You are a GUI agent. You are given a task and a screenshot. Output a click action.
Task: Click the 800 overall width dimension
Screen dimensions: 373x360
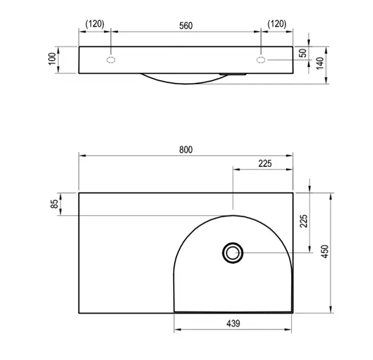click(x=186, y=150)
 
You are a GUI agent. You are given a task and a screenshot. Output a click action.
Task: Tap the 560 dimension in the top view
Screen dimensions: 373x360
click(x=186, y=26)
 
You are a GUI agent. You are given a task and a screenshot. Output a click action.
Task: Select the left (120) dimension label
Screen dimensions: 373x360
click(x=95, y=24)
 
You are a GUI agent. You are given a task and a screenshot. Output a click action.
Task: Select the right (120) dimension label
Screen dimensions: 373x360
click(x=277, y=24)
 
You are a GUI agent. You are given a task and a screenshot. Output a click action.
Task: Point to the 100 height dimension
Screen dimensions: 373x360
click(x=52, y=58)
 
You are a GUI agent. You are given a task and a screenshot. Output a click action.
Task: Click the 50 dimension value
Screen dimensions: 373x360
click(x=303, y=53)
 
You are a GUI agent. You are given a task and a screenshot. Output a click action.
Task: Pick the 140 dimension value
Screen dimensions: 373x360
click(x=320, y=63)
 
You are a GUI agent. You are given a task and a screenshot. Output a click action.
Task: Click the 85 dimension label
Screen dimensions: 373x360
click(x=54, y=204)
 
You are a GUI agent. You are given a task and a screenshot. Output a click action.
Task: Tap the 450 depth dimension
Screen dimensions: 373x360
click(x=324, y=251)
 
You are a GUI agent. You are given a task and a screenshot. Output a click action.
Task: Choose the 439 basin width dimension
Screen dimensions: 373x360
click(x=233, y=323)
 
